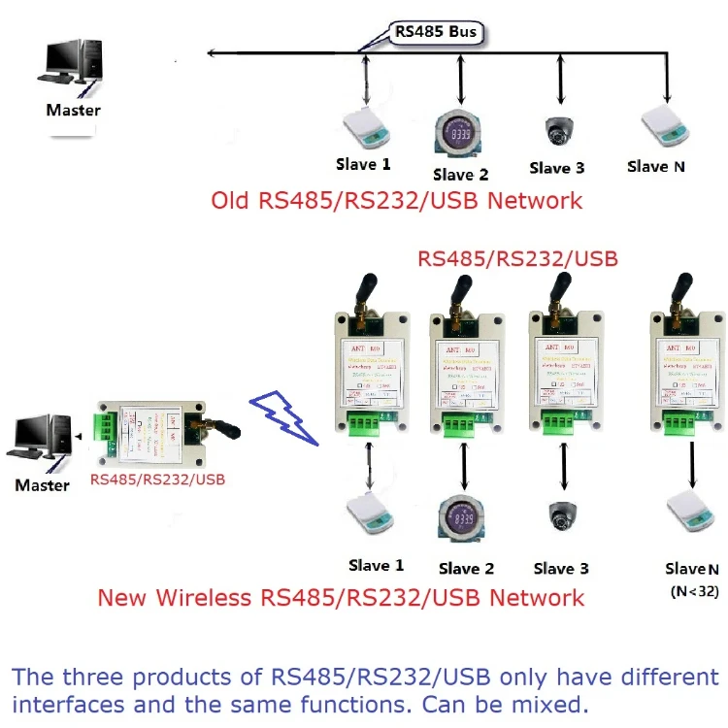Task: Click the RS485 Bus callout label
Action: tap(436, 31)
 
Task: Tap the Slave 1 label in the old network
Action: tap(363, 165)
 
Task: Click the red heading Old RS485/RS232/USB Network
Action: tap(397, 201)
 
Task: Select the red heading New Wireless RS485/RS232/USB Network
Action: tap(341, 597)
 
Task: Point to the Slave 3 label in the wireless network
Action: tap(561, 568)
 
